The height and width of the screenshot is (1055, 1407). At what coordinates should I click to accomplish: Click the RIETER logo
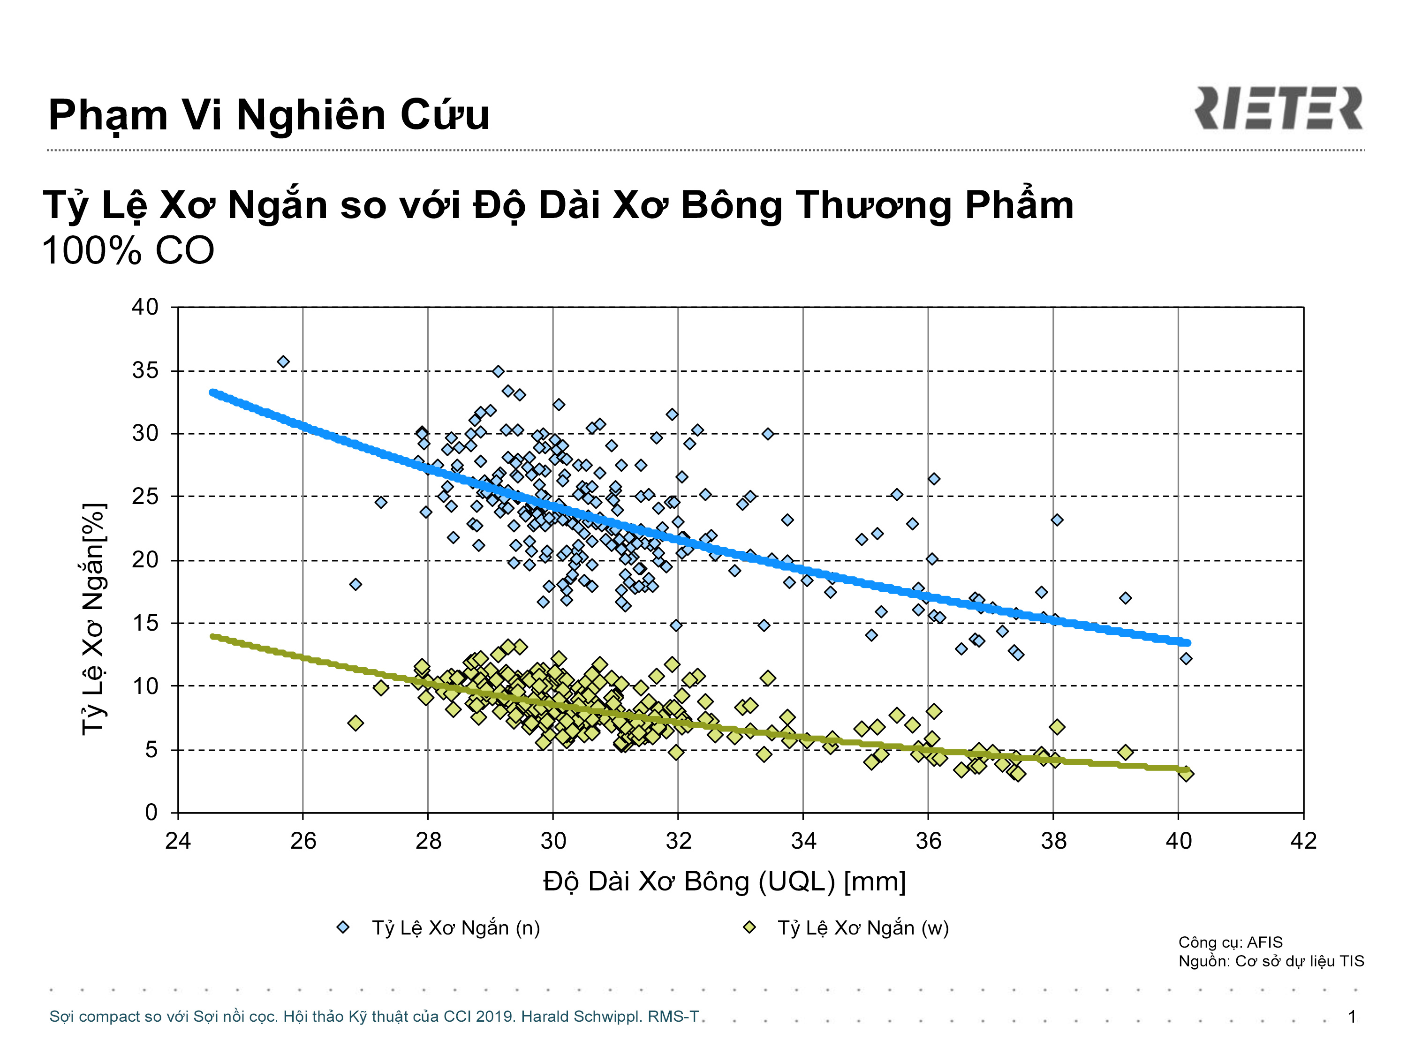coord(1278,108)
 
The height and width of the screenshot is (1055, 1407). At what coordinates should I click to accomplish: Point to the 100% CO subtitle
coord(128,250)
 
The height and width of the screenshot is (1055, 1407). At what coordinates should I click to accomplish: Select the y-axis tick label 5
coord(151,750)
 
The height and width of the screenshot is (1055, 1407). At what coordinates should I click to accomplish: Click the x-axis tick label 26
coord(303,841)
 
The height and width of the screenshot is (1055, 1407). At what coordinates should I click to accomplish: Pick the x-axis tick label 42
coord(1303,841)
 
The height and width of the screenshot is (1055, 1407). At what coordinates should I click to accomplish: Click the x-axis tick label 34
coord(803,841)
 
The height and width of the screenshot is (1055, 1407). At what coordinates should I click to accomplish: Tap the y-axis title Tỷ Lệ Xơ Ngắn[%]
coord(93,619)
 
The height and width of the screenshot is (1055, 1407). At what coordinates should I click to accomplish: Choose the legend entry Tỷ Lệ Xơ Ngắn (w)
coord(846,928)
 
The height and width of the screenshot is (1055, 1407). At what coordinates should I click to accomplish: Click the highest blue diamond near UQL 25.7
coord(283,362)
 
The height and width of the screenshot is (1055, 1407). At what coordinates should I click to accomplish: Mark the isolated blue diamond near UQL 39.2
coord(1125,598)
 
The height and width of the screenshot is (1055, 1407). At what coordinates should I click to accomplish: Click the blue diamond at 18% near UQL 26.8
coord(356,584)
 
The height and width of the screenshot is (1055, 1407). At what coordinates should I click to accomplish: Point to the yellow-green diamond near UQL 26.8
coord(356,723)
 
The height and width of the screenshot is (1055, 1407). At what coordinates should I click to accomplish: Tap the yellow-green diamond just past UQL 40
coord(1186,774)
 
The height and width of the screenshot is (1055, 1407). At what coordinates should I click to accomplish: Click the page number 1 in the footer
coord(1352,1016)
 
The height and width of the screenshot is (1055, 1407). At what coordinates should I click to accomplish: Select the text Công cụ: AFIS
coord(1230,942)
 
